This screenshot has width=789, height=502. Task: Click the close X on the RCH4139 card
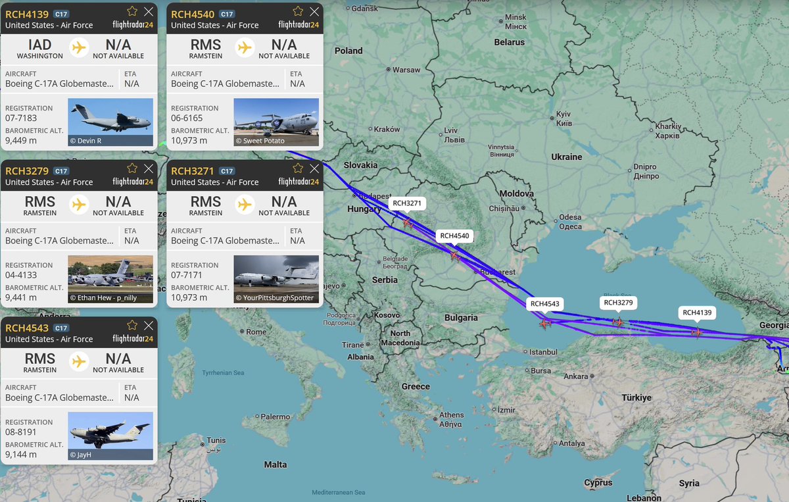pos(149,11)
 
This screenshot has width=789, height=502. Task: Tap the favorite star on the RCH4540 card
pos(298,11)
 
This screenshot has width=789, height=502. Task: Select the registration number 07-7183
pos(21,118)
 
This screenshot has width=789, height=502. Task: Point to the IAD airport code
pos(40,45)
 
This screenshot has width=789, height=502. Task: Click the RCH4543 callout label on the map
pos(545,304)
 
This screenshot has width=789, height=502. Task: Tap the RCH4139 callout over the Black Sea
pos(697,313)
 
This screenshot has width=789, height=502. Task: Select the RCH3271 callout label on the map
pos(407,203)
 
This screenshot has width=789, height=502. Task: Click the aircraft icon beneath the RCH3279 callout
pos(617,322)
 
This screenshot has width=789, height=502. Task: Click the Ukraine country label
pos(567,157)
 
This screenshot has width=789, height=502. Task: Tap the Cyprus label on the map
pos(598,483)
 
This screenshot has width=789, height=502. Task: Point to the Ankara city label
pos(576,376)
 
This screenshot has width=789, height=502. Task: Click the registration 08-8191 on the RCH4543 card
pos(21,432)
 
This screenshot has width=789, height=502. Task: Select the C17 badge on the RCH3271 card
pos(227,171)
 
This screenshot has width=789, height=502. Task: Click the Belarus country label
pos(510,42)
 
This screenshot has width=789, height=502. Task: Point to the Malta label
pos(275,464)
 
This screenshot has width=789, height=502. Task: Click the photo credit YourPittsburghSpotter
pos(275,297)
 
